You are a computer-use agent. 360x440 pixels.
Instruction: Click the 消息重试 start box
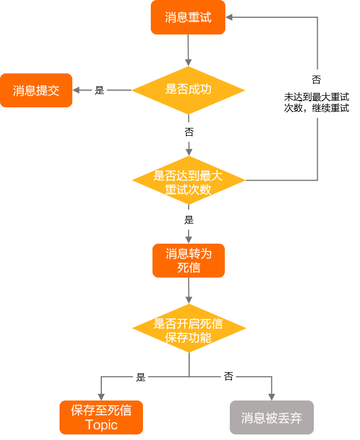click(188, 17)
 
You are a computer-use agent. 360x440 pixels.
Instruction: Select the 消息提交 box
click(36, 90)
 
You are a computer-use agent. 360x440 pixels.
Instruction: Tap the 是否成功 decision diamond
click(188, 90)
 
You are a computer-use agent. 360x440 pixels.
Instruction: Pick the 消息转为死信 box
click(188, 260)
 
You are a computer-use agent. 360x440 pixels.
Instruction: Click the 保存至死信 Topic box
click(101, 417)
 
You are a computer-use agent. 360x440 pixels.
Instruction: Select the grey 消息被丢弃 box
click(272, 417)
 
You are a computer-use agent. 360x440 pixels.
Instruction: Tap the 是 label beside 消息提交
click(100, 90)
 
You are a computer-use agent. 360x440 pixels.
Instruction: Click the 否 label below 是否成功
click(189, 132)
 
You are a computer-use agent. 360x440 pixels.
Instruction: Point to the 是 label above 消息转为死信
click(189, 219)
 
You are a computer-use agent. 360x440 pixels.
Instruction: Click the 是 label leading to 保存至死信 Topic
click(141, 377)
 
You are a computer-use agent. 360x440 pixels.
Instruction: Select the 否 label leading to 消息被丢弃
click(228, 377)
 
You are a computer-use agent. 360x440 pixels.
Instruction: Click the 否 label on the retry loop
click(316, 78)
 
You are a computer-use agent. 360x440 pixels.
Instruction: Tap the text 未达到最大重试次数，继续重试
click(316, 102)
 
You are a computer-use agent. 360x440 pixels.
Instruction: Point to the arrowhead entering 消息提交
click(77, 90)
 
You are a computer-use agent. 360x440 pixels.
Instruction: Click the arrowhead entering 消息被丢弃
click(272, 397)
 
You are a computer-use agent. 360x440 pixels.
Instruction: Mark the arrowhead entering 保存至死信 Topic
click(101, 397)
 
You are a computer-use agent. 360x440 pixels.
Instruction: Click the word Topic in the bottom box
click(101, 425)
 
